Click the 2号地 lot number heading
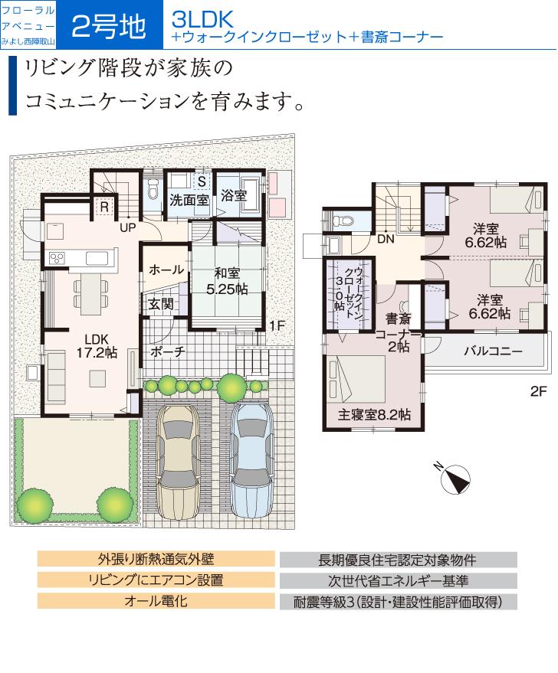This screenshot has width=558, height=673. (108, 27)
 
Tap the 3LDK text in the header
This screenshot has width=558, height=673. (202, 19)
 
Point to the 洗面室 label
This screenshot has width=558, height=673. (189, 199)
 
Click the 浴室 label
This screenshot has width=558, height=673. (233, 195)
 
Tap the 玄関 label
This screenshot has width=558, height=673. (161, 304)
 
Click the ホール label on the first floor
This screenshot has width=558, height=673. (166, 270)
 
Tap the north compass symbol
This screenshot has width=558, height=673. (454, 479)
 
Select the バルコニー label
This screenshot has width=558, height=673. (494, 352)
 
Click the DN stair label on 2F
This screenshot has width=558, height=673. (386, 239)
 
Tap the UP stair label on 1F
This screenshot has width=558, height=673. (127, 227)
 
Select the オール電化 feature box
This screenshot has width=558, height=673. (156, 600)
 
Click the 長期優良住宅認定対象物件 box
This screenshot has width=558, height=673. (398, 560)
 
